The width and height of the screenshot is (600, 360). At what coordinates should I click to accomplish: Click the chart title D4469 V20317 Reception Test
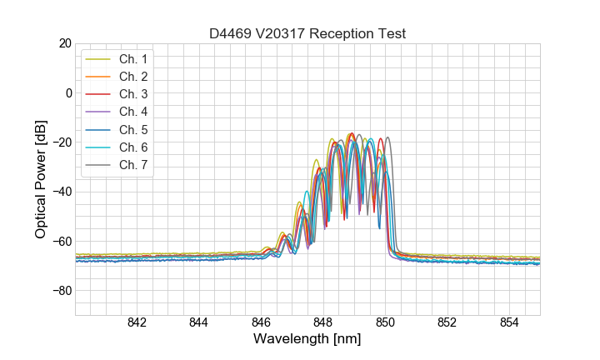coord(307,33)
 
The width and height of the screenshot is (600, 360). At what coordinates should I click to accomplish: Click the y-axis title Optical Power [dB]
coord(41,179)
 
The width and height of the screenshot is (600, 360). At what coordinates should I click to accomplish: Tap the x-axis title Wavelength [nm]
coord(307,339)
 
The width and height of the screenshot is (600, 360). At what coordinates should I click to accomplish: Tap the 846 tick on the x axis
coord(261,322)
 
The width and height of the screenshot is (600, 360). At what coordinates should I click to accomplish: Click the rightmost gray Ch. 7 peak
coord(387,138)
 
